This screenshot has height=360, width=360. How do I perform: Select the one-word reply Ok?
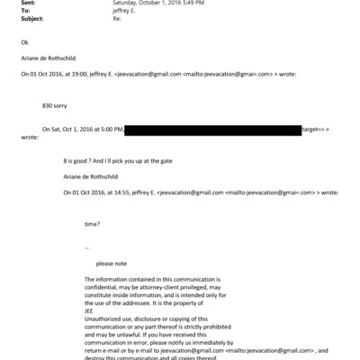pyautogui.click(x=23, y=42)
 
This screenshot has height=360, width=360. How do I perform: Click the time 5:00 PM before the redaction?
pyautogui.click(x=111, y=131)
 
